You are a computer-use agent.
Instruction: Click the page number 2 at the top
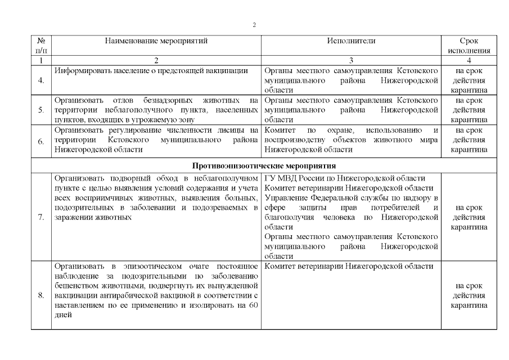coord(254,25)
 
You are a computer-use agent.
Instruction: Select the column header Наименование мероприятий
coord(156,41)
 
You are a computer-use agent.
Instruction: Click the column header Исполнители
coord(351,41)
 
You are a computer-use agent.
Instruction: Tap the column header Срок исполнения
coord(469,46)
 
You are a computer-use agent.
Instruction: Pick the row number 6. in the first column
coord(42,141)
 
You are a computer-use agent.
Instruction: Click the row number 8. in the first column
coord(42,295)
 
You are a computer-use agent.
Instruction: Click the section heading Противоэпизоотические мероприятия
coord(264,166)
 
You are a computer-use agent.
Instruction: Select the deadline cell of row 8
coord(469,295)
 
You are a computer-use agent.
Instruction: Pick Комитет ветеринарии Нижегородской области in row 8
coord(349,265)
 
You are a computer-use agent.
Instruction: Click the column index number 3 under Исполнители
coord(351,60)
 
